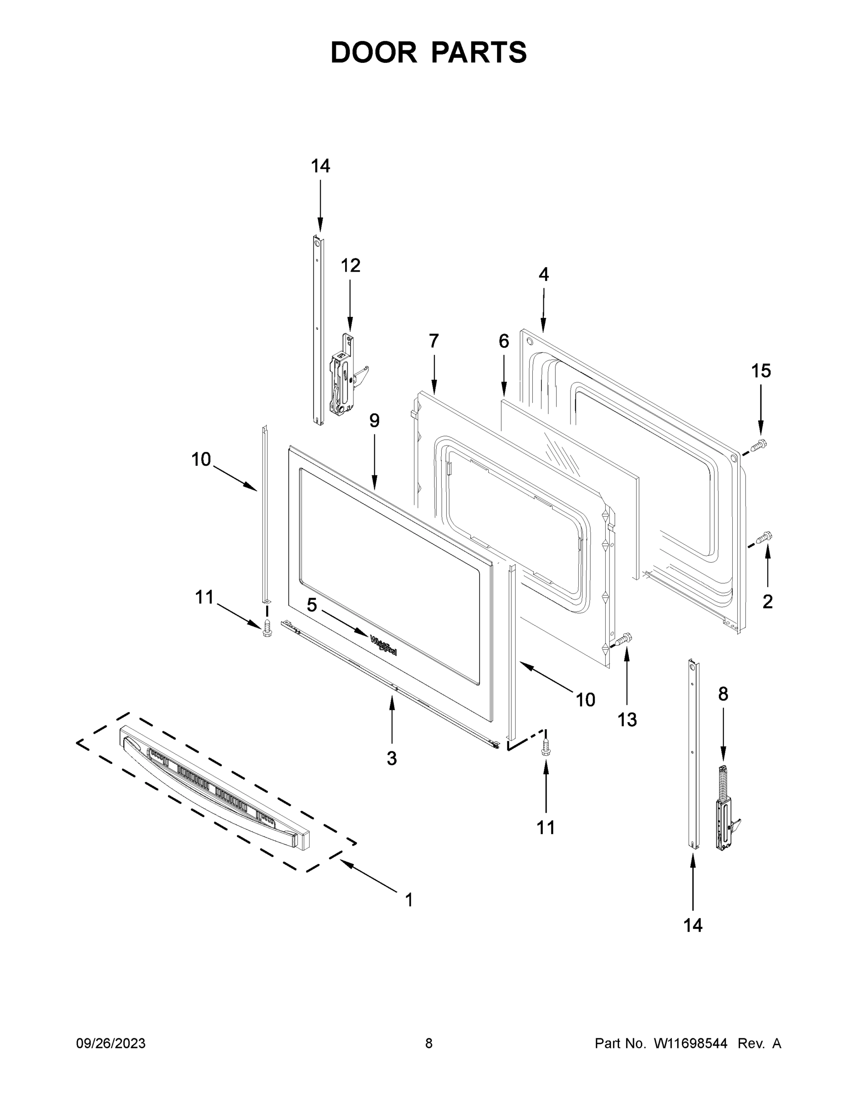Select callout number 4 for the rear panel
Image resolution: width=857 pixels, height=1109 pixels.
click(543, 275)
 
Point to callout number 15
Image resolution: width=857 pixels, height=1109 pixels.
click(761, 371)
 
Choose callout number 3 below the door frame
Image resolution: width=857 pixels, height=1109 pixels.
click(391, 758)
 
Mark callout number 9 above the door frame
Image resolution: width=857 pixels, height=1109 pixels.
click(374, 420)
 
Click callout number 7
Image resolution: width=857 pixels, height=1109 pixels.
click(433, 341)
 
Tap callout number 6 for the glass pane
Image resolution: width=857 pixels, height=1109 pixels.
click(504, 341)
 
